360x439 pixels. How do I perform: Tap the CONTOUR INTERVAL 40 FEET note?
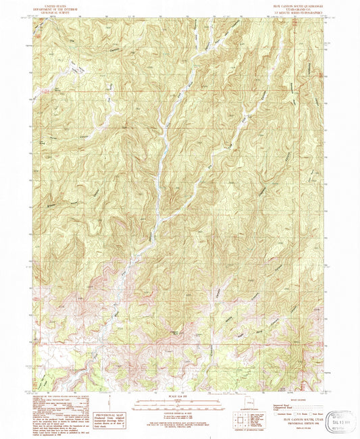[x=180, y=411]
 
